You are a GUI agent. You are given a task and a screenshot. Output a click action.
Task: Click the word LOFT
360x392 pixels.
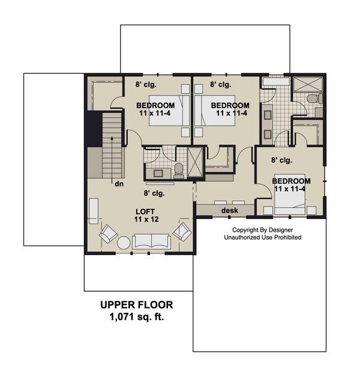click(x=143, y=211)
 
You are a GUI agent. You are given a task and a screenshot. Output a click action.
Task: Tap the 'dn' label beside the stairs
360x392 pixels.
click(x=119, y=184)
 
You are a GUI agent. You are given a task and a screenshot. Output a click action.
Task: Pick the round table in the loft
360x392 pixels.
click(x=124, y=243)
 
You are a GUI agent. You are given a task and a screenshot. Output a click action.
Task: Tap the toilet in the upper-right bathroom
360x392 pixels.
click(x=311, y=98)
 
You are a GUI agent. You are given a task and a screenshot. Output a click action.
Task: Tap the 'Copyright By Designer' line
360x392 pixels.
click(x=262, y=230)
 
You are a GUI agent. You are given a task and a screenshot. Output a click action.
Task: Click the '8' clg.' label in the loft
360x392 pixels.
click(x=154, y=193)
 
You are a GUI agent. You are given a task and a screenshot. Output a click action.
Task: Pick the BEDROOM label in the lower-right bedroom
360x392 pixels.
click(x=292, y=181)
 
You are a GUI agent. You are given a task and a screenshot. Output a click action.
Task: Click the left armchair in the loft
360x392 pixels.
click(x=109, y=233)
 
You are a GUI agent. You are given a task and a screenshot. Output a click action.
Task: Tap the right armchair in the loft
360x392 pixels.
click(x=182, y=231)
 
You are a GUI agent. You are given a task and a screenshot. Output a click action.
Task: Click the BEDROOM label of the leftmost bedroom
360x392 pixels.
click(x=155, y=106)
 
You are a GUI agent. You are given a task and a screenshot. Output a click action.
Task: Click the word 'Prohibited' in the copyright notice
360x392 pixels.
click(x=286, y=238)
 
